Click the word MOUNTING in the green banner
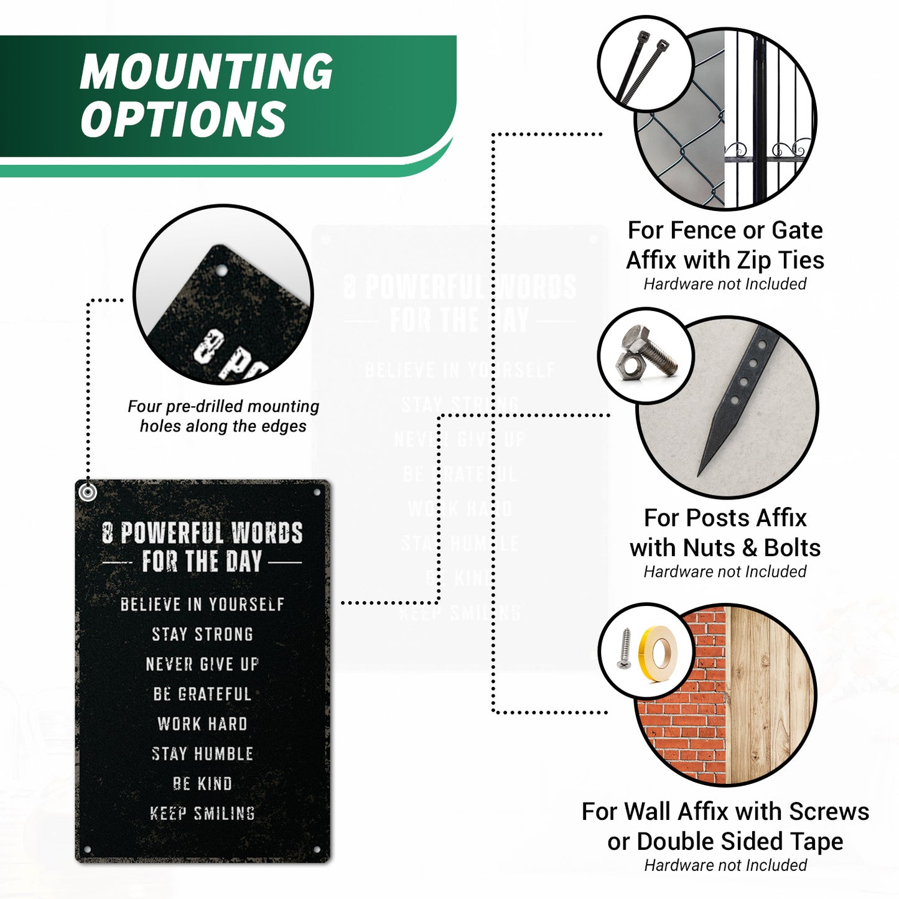206,71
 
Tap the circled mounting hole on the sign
88,492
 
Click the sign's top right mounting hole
317,492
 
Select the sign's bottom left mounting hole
87,850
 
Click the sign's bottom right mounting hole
317,850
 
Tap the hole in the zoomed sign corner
222,271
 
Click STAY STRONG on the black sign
202,635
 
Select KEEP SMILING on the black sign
202,814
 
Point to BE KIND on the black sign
202,784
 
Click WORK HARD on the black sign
202,724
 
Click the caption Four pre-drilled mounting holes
223,416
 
